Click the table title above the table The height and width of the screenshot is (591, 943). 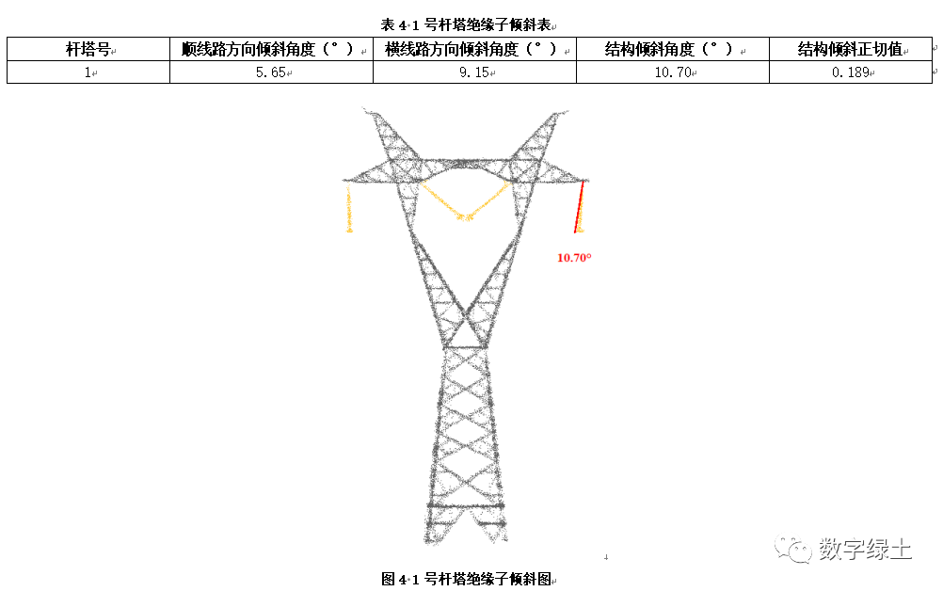[x=471, y=23]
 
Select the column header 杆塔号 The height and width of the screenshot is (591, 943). [x=88, y=49]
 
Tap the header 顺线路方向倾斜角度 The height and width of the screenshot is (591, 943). [x=267, y=49]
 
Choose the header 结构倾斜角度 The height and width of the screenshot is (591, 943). [x=669, y=49]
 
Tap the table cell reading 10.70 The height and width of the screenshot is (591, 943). [x=673, y=72]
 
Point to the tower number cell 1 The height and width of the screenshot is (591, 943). [x=88, y=72]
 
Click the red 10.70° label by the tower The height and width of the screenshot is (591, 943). [x=574, y=257]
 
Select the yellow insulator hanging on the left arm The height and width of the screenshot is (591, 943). [x=350, y=209]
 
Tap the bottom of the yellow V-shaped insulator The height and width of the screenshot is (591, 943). [x=464, y=217]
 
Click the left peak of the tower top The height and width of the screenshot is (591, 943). [x=371, y=114]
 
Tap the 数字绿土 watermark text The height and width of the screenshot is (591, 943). [x=864, y=549]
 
